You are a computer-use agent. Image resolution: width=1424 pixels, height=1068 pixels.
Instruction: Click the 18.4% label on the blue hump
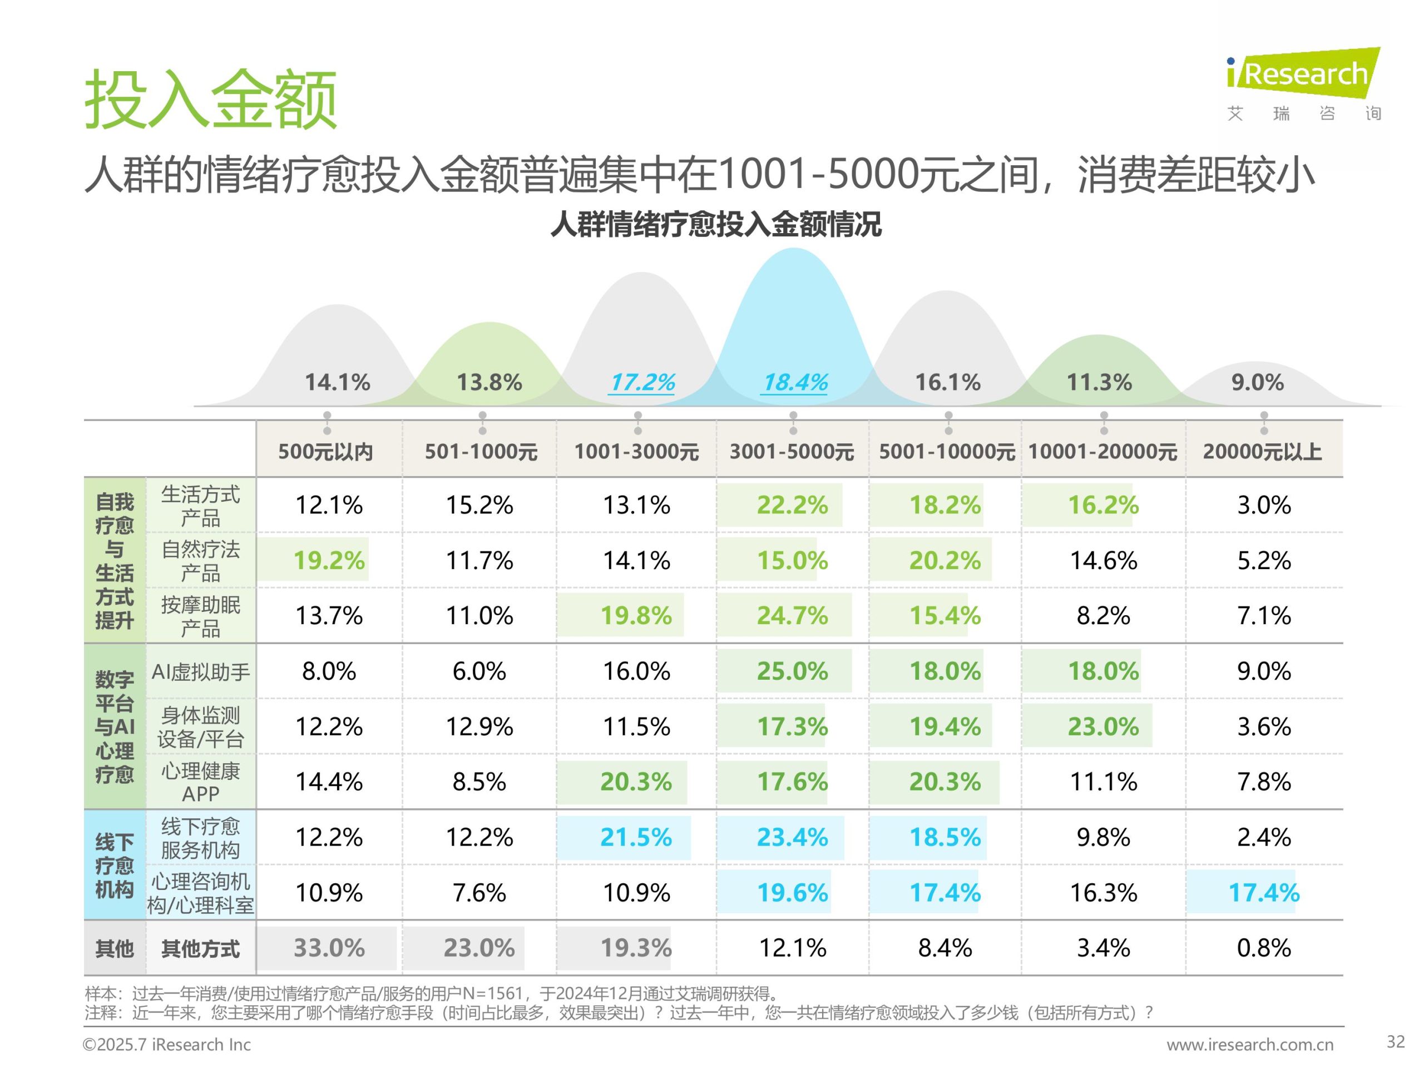pos(795,382)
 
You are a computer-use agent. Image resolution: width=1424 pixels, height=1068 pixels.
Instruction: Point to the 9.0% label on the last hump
pos(1257,382)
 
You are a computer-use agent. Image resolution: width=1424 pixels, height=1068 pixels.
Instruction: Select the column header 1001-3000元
pos(636,451)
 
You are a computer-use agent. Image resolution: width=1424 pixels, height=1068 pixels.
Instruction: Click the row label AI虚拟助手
pos(200,672)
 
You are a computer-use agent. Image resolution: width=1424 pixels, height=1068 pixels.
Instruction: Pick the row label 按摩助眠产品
pos(200,616)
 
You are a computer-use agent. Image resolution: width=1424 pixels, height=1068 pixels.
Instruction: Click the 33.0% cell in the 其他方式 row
pos(329,948)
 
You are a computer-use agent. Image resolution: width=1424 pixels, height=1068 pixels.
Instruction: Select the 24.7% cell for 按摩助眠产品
pos(792,615)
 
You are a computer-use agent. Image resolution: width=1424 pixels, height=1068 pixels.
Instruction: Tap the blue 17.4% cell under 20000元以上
pos(1264,892)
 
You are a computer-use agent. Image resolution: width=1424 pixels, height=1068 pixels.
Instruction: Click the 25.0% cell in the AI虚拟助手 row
pos(792,671)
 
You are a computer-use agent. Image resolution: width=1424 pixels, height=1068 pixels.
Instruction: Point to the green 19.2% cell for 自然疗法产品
pos(329,560)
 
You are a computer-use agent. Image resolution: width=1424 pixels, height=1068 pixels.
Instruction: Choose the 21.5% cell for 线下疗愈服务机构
pos(636,837)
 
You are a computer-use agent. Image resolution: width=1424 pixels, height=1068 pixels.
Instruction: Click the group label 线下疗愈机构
pos(115,865)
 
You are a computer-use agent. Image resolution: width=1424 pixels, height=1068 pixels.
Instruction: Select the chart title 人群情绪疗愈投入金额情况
pos(715,225)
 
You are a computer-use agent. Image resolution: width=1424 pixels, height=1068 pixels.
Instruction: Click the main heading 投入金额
pos(210,100)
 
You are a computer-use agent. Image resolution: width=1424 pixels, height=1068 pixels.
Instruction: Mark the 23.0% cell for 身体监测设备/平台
pos(1102,726)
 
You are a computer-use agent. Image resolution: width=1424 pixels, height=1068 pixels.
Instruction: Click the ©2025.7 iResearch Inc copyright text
pos(167,1044)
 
